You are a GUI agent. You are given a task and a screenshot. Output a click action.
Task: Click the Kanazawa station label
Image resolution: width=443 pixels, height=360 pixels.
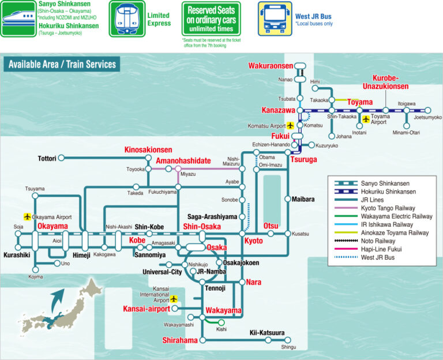point(279,110)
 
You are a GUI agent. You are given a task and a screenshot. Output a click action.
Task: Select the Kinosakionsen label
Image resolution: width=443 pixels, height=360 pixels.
point(148,150)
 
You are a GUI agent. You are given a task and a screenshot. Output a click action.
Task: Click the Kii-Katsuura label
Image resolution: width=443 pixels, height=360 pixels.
point(267,333)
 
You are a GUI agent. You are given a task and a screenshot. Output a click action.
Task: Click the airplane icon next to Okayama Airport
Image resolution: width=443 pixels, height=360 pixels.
point(27,216)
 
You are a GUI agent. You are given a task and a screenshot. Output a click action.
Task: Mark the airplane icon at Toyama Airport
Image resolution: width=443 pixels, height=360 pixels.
point(366,119)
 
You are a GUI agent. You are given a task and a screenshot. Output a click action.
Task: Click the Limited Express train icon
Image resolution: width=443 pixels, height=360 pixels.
point(127,18)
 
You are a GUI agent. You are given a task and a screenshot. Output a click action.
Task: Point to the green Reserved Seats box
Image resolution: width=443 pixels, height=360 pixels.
point(211,18)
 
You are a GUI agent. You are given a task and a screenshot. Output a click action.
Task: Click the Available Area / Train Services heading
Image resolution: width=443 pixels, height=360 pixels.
point(62,65)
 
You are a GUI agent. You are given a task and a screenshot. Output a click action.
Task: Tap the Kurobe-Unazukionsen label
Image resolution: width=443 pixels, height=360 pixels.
point(390,82)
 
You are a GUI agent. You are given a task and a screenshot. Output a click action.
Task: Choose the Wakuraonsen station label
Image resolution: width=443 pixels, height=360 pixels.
point(271,66)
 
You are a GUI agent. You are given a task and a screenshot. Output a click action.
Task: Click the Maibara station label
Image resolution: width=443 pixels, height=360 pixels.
point(303,199)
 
